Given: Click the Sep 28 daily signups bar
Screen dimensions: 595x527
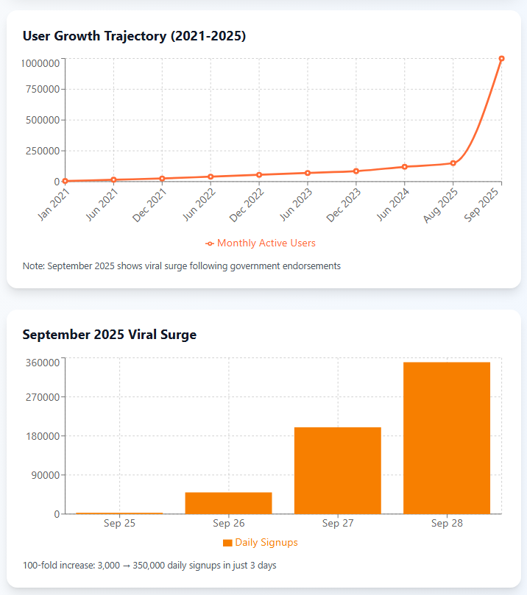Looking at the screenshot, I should (447, 438).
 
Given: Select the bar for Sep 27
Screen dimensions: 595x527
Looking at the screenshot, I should (337, 470).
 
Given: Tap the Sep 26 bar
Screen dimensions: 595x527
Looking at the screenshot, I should (228, 502).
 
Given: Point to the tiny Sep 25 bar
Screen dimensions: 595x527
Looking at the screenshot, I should (119, 513).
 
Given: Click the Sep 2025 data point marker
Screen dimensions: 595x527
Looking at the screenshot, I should (501, 59).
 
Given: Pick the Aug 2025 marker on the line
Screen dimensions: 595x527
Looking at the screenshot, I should (453, 163).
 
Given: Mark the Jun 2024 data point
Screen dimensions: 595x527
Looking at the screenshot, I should (404, 167).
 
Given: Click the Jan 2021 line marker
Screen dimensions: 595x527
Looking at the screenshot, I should (65, 181).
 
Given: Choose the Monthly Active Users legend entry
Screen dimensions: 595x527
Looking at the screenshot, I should (261, 243).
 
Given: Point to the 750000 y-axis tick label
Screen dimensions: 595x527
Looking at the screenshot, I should (40, 90).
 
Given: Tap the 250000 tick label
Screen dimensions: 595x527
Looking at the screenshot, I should (40, 151).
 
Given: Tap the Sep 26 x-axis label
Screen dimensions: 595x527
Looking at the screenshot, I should (228, 524).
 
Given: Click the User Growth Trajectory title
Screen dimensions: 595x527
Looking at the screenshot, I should (134, 35).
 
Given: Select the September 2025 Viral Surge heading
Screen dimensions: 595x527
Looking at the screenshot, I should (109, 335).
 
